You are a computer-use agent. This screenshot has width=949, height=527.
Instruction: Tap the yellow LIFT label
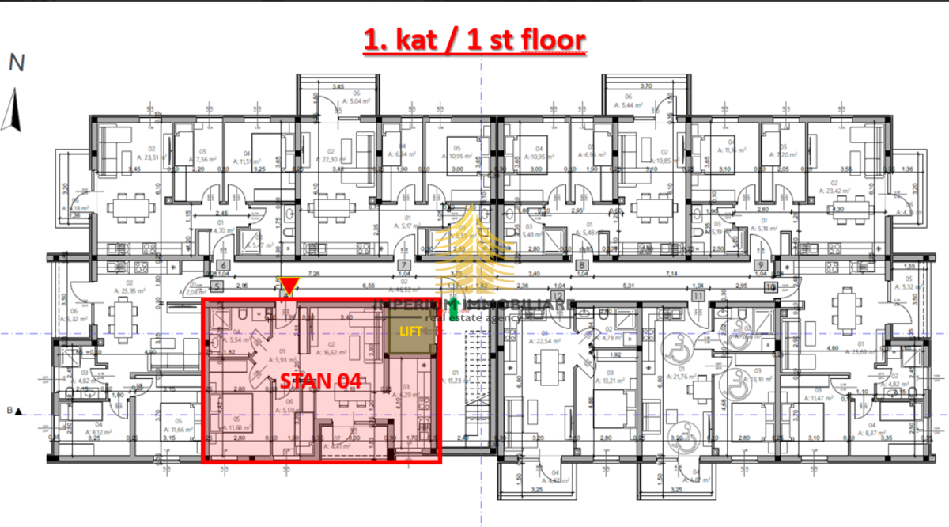(410, 331)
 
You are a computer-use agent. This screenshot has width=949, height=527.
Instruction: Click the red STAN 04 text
(321, 381)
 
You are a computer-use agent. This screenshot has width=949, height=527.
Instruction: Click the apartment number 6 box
(223, 266)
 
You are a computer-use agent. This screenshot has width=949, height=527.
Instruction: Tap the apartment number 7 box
(403, 266)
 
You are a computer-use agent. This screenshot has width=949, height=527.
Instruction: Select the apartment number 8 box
(583, 266)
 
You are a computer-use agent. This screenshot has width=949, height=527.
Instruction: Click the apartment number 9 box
(761, 266)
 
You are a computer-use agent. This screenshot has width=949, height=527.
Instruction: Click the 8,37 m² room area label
(870, 432)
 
